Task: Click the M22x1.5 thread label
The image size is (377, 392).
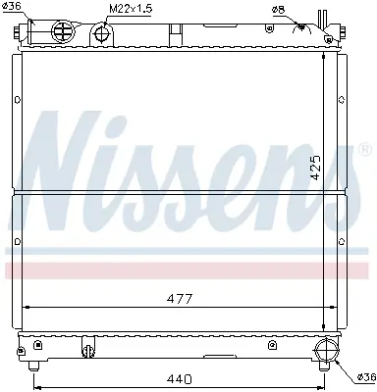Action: (x=129, y=8)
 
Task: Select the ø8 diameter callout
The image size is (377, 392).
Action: (x=279, y=10)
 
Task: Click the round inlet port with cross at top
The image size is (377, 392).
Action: (x=63, y=31)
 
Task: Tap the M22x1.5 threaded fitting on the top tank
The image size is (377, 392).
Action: (x=102, y=33)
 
